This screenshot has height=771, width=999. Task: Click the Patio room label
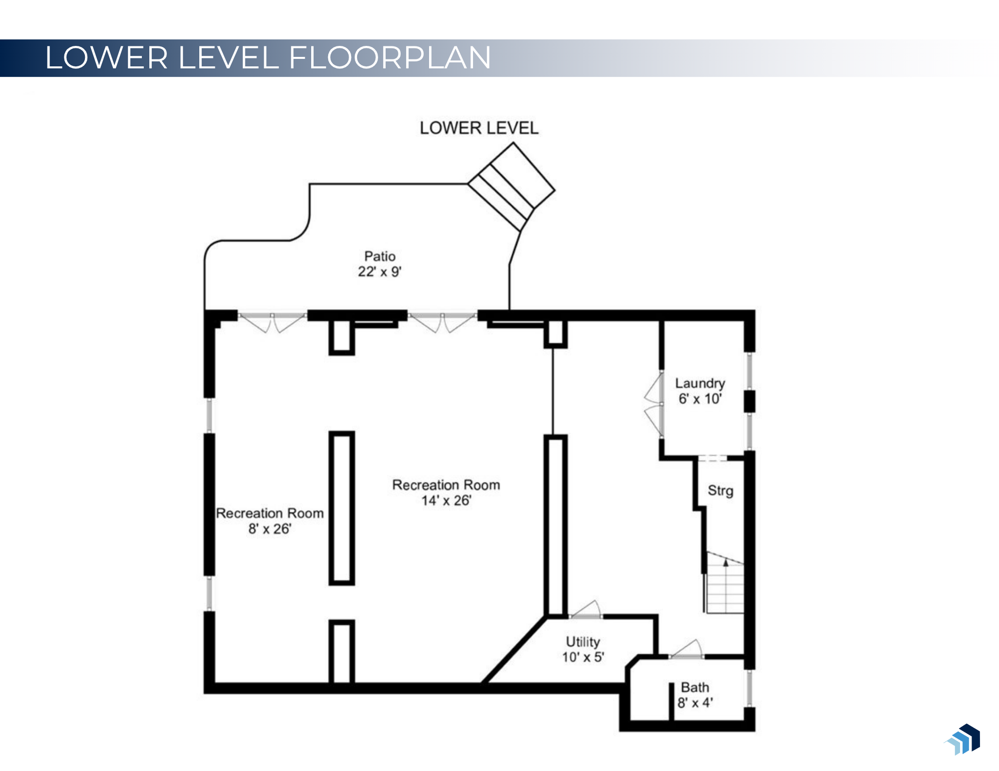pos(380,256)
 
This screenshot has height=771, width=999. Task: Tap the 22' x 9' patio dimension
pos(380,272)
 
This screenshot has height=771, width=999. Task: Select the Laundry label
pos(700,383)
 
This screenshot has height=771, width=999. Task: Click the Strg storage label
pos(720,491)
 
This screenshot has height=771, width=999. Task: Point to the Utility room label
pos(582,641)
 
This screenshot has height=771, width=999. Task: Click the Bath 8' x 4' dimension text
pos(695,703)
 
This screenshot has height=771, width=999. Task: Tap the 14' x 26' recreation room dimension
pos(446,501)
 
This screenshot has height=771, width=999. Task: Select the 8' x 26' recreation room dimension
pos(270,529)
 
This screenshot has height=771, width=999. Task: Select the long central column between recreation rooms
pos(342,508)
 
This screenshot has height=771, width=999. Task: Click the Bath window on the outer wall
pos(749,688)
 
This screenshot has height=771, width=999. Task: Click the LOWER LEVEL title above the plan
pos(479,128)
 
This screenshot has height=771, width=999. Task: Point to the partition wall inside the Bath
pos(671,701)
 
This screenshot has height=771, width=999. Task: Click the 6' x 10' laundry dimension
pos(700,399)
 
